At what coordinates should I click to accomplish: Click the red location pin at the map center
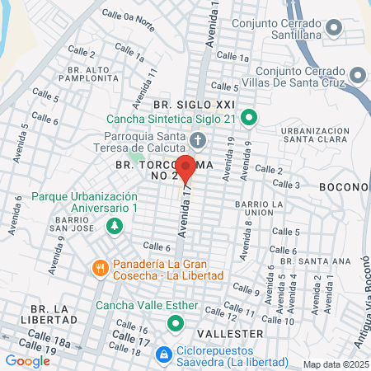tap(185, 167)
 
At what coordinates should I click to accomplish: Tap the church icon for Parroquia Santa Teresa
tap(198, 138)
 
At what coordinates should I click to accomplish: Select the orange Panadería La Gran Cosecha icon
tap(100, 267)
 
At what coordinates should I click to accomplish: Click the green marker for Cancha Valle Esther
tap(174, 323)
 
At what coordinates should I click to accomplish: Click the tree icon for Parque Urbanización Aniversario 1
tap(115, 225)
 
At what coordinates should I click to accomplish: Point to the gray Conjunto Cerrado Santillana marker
tap(334, 30)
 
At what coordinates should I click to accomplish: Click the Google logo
tap(27, 360)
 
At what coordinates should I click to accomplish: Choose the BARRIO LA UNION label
tap(253, 207)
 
